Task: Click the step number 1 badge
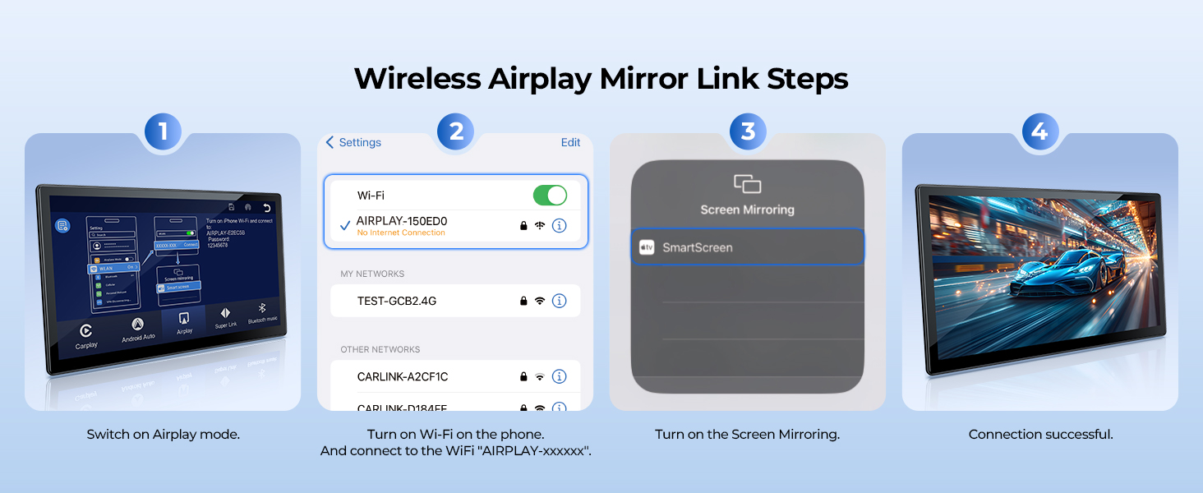click(x=163, y=131)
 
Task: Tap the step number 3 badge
click(x=748, y=131)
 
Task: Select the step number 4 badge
click(x=1040, y=131)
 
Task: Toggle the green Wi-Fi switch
click(x=550, y=196)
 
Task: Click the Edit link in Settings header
click(x=570, y=142)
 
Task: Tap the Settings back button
click(x=353, y=142)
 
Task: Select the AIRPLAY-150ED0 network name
click(x=402, y=221)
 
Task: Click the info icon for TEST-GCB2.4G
click(x=560, y=301)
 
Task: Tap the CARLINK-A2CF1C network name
click(x=403, y=376)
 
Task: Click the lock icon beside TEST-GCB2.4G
click(x=523, y=301)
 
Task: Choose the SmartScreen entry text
click(x=697, y=247)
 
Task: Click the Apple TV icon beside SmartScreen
click(x=647, y=247)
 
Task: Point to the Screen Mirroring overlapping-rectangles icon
click(x=747, y=184)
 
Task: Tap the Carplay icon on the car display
click(x=85, y=331)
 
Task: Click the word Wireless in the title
click(x=417, y=79)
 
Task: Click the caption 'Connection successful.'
click(x=1040, y=434)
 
